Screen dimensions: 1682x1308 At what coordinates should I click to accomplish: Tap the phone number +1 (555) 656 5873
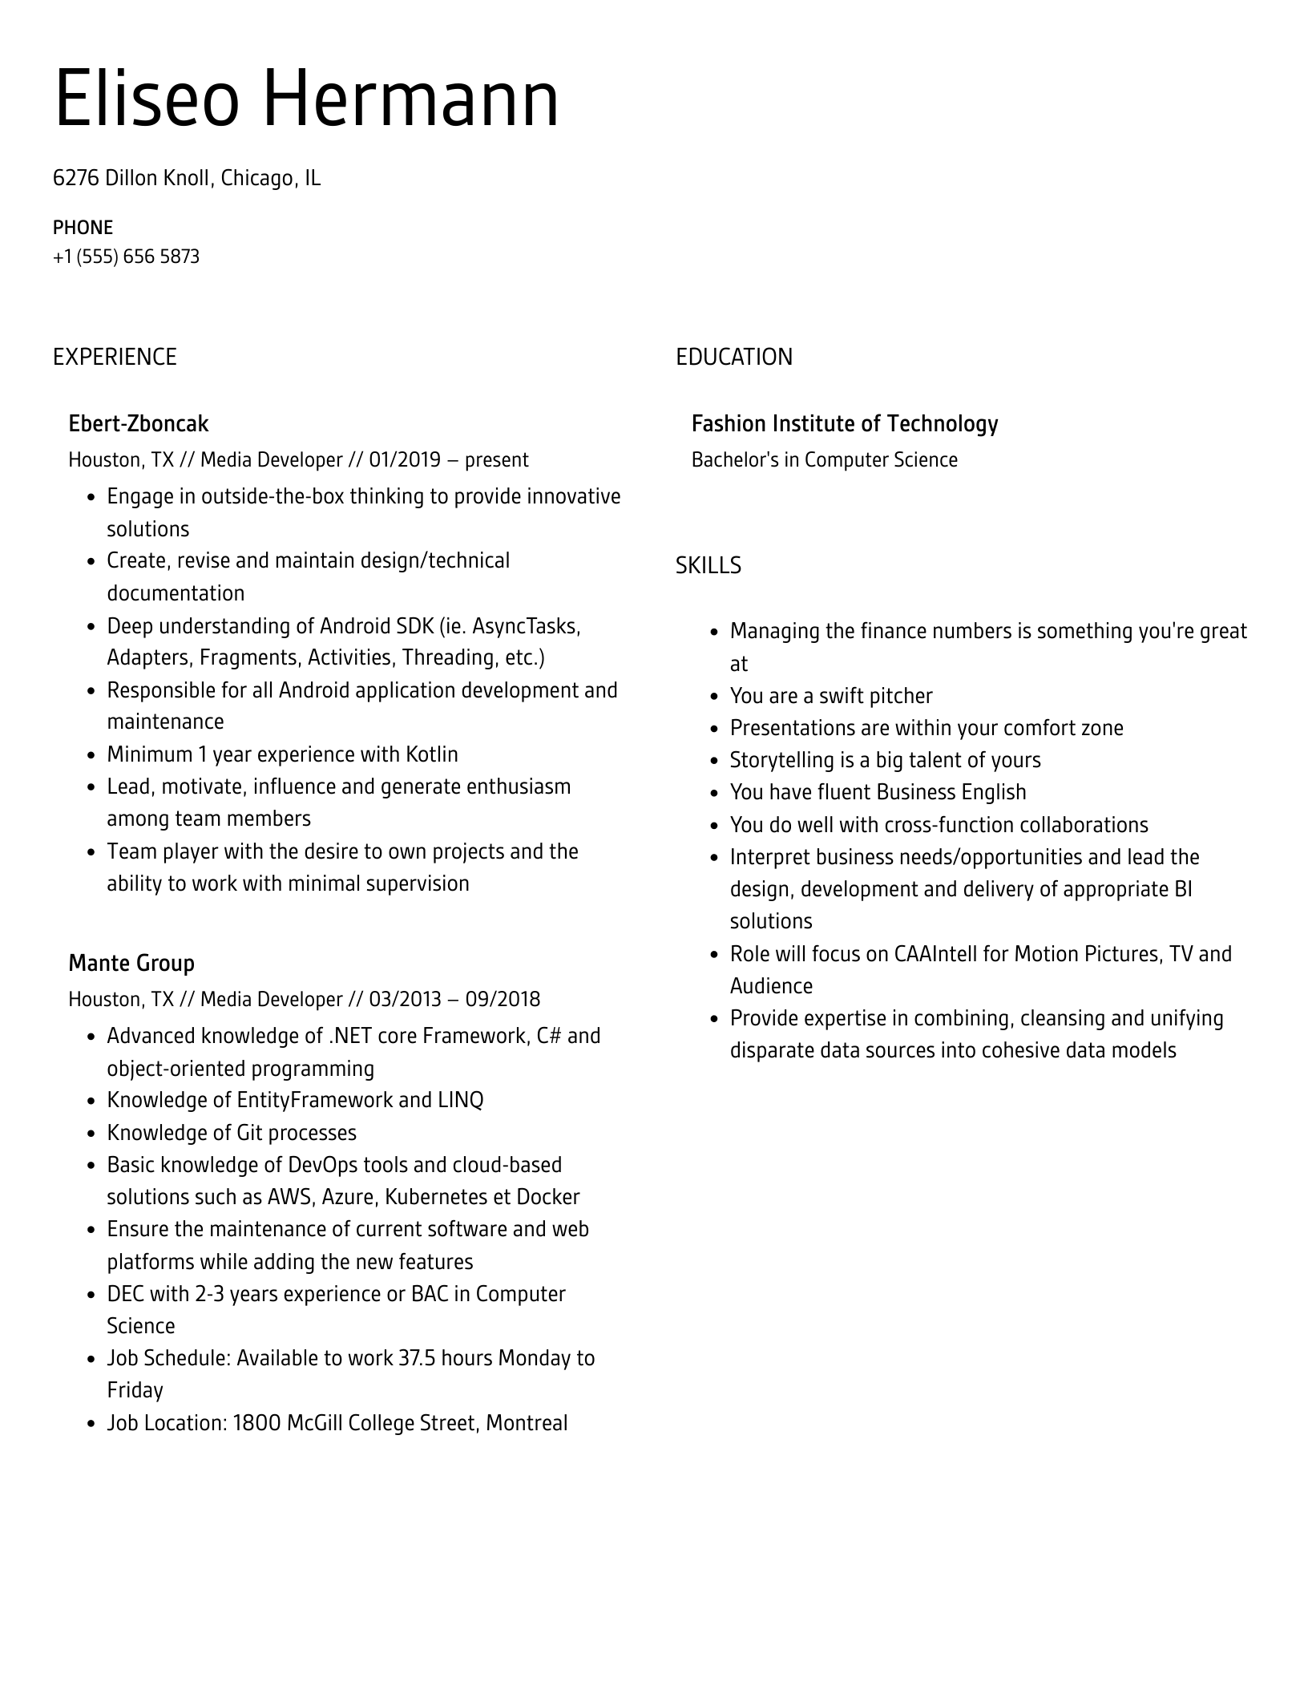(x=126, y=257)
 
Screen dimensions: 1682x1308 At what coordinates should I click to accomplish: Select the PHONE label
(x=83, y=228)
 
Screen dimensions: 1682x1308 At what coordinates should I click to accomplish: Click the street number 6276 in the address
(x=76, y=178)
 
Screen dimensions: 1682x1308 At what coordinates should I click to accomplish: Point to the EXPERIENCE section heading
(x=115, y=358)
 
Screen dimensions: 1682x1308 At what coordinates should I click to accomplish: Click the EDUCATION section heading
(x=733, y=358)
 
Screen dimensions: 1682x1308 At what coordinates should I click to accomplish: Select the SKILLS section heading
(x=708, y=566)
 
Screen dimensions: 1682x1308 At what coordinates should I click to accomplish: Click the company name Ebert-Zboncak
(x=138, y=424)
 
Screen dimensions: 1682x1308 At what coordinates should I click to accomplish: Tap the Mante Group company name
(x=131, y=964)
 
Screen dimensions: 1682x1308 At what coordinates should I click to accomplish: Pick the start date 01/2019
(x=405, y=460)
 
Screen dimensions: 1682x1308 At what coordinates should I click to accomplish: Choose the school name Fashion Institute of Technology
(x=844, y=424)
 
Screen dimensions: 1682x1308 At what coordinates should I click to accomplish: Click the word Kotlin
(x=432, y=755)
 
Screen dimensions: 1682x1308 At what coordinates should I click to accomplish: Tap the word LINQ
(x=461, y=1101)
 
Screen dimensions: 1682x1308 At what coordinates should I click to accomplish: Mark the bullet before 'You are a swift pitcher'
(x=714, y=697)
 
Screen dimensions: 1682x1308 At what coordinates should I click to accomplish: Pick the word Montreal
(x=527, y=1424)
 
